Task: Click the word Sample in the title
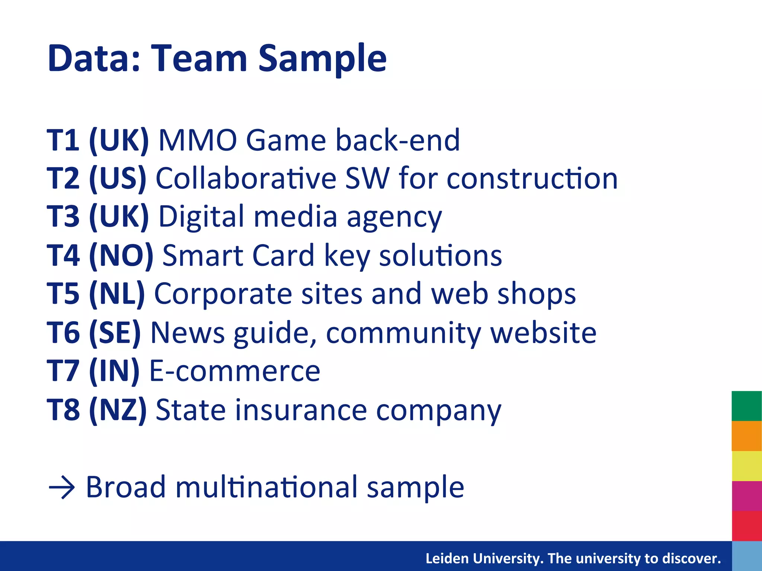tap(322, 59)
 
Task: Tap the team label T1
tap(63, 140)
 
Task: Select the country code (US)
tap(118, 178)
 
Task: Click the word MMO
tap(198, 140)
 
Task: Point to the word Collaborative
tap(246, 178)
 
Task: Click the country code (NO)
tap(121, 256)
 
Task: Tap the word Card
tap(283, 256)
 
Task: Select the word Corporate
tap(223, 294)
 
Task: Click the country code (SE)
tap(115, 332)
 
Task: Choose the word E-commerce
tap(234, 371)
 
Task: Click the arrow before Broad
tap(62, 487)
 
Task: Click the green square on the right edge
tap(746, 406)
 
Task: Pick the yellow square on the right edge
tap(746, 466)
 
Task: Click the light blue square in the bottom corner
tap(746, 556)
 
